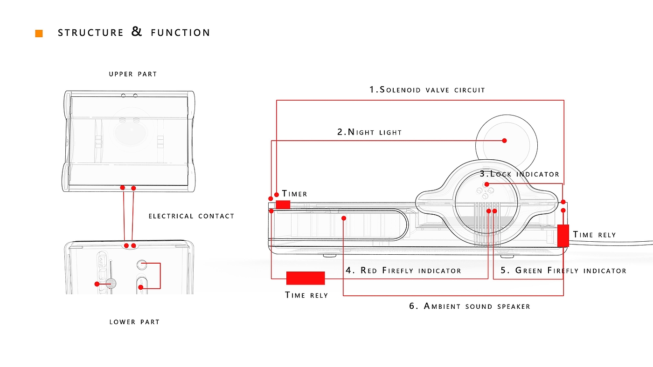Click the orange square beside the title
39,34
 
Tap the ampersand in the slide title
136,31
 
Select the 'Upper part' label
133,74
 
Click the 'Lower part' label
134,322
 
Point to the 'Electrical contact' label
192,216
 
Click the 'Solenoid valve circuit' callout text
427,89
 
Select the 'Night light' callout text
369,132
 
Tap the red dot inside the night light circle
504,141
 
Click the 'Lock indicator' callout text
520,174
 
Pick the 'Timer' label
294,194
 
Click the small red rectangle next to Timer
283,204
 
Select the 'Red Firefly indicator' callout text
403,271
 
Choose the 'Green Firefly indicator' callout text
563,271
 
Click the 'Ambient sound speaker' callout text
470,306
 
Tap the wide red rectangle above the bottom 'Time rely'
306,278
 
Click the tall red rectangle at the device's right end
563,236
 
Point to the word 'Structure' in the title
90,33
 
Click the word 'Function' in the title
181,33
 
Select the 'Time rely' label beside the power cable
594,235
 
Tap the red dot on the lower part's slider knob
97,284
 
